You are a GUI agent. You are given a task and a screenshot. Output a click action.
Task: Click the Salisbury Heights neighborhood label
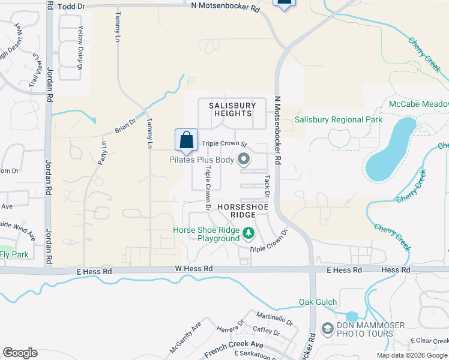tap(232, 109)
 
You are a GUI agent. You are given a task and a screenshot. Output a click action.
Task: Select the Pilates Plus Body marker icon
tap(244, 160)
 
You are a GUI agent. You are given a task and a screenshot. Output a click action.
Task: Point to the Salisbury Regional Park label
tap(339, 120)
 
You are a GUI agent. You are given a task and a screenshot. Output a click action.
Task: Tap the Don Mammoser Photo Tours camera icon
tap(328, 328)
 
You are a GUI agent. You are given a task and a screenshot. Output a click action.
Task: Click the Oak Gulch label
tap(318, 302)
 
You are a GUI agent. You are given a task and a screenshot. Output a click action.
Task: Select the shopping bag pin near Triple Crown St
tap(187, 140)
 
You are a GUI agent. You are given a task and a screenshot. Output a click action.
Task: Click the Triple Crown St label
tap(224, 144)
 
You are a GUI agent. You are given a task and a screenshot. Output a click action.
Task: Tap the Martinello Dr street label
tap(273, 318)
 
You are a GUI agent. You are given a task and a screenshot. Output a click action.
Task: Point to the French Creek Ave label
tap(234, 347)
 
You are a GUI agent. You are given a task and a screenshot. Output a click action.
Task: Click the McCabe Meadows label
tap(418, 104)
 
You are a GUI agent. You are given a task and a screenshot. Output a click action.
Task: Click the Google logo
tap(20, 353)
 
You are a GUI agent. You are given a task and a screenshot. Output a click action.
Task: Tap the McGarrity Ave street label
tap(185, 339)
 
